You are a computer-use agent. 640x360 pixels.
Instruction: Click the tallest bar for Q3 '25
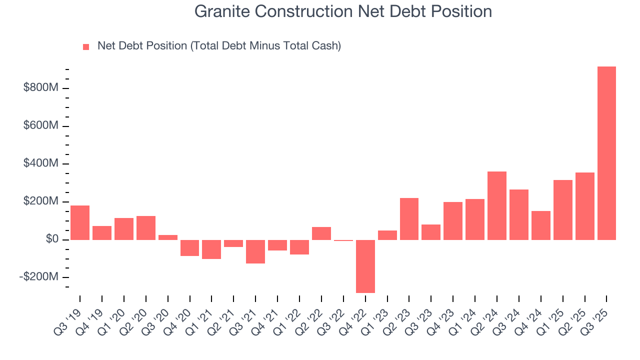click(x=606, y=153)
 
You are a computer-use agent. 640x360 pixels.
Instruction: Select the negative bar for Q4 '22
click(x=365, y=266)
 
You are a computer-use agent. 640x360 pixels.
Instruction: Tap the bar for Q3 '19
click(x=80, y=222)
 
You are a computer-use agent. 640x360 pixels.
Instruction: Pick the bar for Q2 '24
click(x=496, y=205)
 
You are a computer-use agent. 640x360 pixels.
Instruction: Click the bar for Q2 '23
click(x=409, y=218)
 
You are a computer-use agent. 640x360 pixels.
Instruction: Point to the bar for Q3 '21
click(x=255, y=251)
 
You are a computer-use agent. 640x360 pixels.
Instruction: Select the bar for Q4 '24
click(x=540, y=225)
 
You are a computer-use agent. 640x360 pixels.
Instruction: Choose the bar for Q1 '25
click(x=562, y=209)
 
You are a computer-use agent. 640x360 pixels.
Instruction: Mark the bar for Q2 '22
click(x=321, y=233)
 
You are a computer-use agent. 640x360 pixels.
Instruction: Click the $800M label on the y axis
click(x=41, y=88)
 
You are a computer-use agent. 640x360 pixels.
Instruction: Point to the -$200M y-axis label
click(x=39, y=277)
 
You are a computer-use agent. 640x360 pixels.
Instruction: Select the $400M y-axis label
click(x=41, y=164)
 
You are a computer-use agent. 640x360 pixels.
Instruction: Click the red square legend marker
click(x=86, y=46)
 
